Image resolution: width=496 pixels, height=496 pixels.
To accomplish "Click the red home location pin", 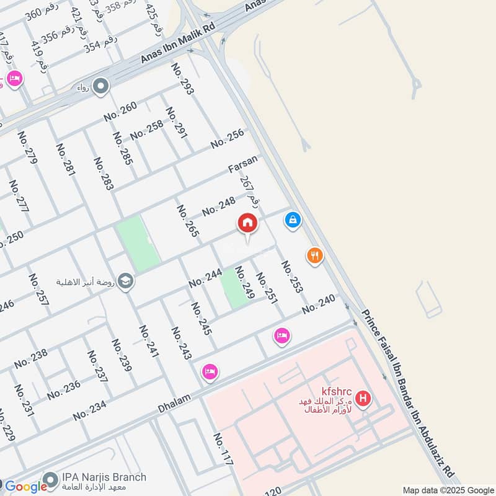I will (247, 223).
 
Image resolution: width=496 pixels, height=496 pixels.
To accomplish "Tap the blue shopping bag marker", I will (293, 219).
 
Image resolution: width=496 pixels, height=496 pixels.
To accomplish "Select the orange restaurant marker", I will (315, 255).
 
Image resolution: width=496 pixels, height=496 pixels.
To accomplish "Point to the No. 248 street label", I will (218, 205).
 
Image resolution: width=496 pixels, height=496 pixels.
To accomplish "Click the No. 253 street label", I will (292, 277).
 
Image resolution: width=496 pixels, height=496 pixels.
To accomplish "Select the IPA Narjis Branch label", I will (104, 477).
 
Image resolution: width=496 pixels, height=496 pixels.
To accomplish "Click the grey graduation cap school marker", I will (126, 281).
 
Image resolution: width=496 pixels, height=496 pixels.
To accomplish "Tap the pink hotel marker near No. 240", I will (281, 336).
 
